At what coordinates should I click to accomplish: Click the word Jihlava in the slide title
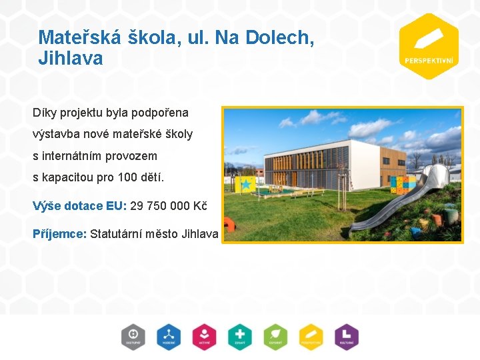(x=71, y=59)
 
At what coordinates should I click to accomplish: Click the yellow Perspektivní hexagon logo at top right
(x=428, y=46)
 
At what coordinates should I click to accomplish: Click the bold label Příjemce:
(x=59, y=233)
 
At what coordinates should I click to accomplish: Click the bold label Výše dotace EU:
(x=79, y=205)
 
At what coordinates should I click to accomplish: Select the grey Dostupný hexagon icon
(x=133, y=336)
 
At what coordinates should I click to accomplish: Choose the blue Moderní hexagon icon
(x=169, y=336)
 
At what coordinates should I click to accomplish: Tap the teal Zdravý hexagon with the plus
(x=239, y=336)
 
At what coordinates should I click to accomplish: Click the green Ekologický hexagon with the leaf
(x=275, y=336)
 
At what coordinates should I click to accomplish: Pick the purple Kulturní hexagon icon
(x=346, y=336)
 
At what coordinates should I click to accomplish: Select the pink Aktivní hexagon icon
(x=204, y=336)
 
